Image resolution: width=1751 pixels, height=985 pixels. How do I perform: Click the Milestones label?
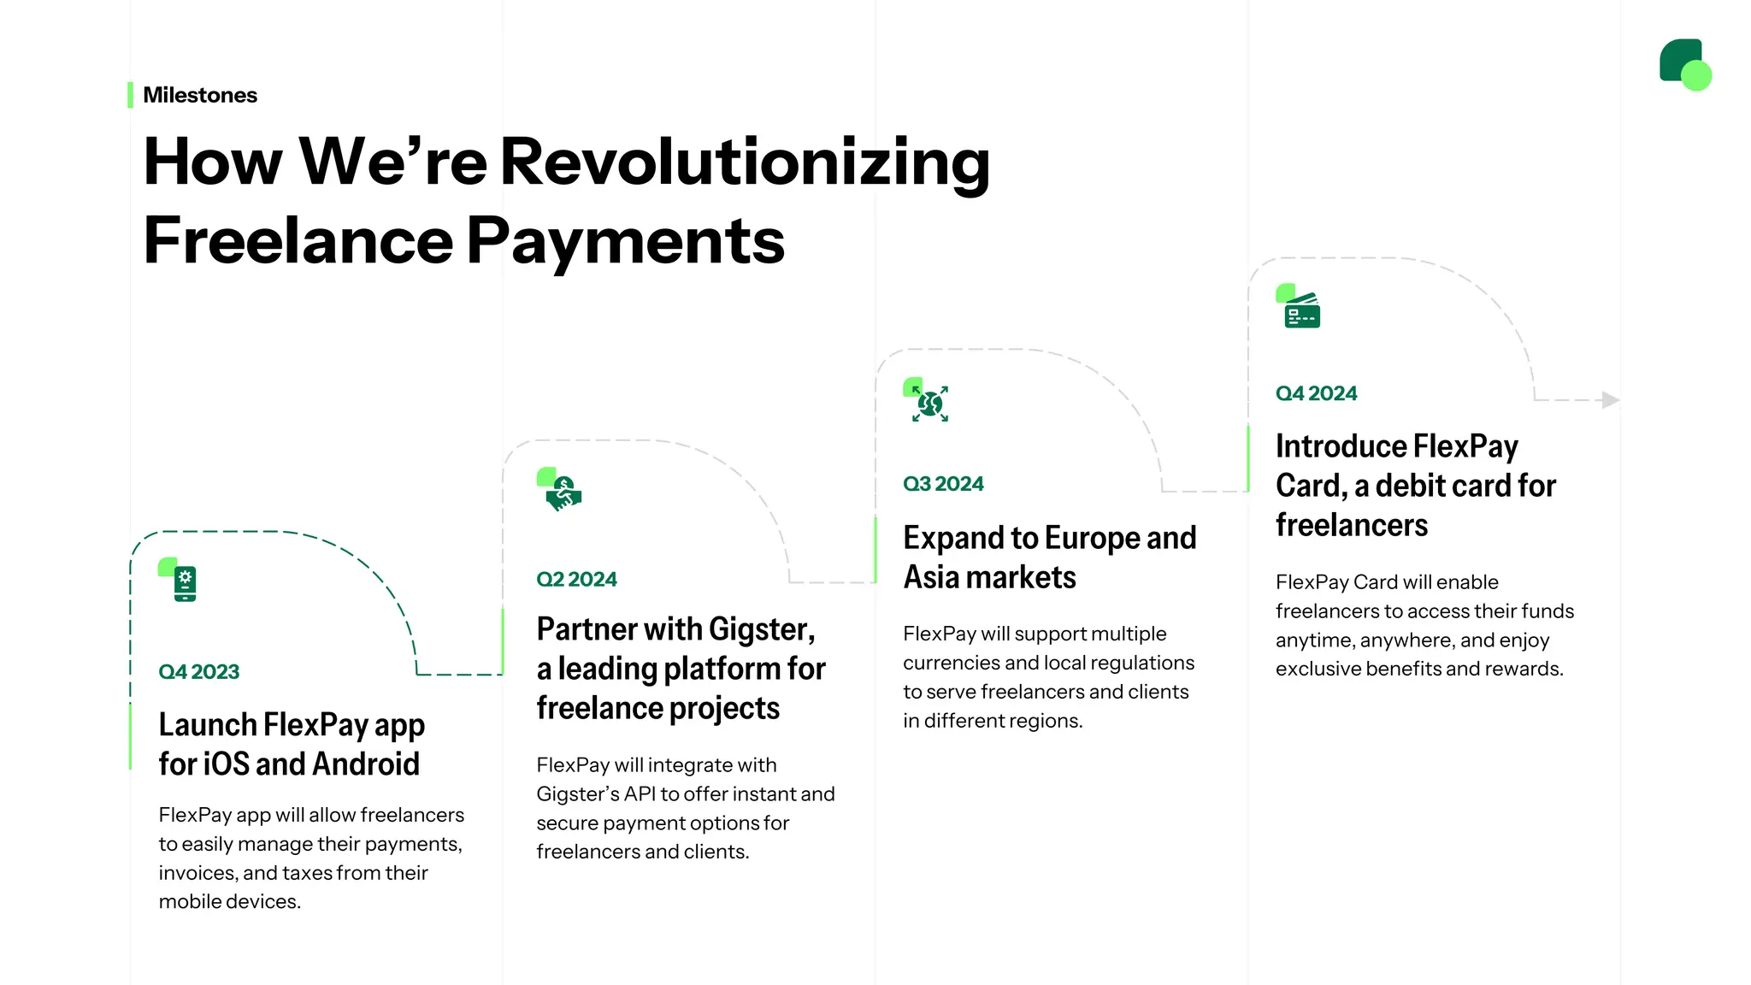[x=199, y=95]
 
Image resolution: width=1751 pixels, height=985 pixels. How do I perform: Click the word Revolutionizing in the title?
[x=745, y=162]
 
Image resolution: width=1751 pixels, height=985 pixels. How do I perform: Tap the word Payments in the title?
[x=625, y=240]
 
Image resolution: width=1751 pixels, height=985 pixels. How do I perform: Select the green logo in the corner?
[x=1684, y=64]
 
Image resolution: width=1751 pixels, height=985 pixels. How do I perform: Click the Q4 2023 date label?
[x=198, y=672]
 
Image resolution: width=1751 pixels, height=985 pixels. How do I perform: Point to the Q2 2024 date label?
[x=576, y=580]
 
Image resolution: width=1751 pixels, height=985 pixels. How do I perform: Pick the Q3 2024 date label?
[x=943, y=484]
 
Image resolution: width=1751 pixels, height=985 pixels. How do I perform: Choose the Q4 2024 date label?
[x=1316, y=393]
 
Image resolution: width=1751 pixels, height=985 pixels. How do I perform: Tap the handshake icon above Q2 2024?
[x=562, y=492]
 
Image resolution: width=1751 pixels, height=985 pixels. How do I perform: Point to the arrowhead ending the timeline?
[x=1610, y=399]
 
